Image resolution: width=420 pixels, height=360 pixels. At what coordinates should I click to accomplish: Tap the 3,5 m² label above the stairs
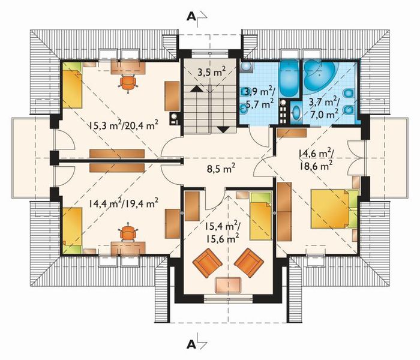(212, 73)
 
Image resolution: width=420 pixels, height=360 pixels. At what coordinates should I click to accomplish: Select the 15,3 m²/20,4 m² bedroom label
(123, 125)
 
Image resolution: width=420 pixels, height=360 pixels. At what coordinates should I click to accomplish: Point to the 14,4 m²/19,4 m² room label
(123, 203)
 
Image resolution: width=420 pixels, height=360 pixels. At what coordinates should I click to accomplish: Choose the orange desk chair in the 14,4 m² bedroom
(128, 231)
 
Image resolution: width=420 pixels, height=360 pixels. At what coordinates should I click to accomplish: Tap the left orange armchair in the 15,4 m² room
(207, 263)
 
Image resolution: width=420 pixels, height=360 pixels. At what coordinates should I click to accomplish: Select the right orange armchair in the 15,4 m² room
(248, 262)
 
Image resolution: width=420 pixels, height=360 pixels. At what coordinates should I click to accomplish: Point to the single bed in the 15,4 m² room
(261, 215)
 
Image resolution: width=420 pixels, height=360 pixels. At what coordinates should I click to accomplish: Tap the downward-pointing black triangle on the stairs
(224, 128)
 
